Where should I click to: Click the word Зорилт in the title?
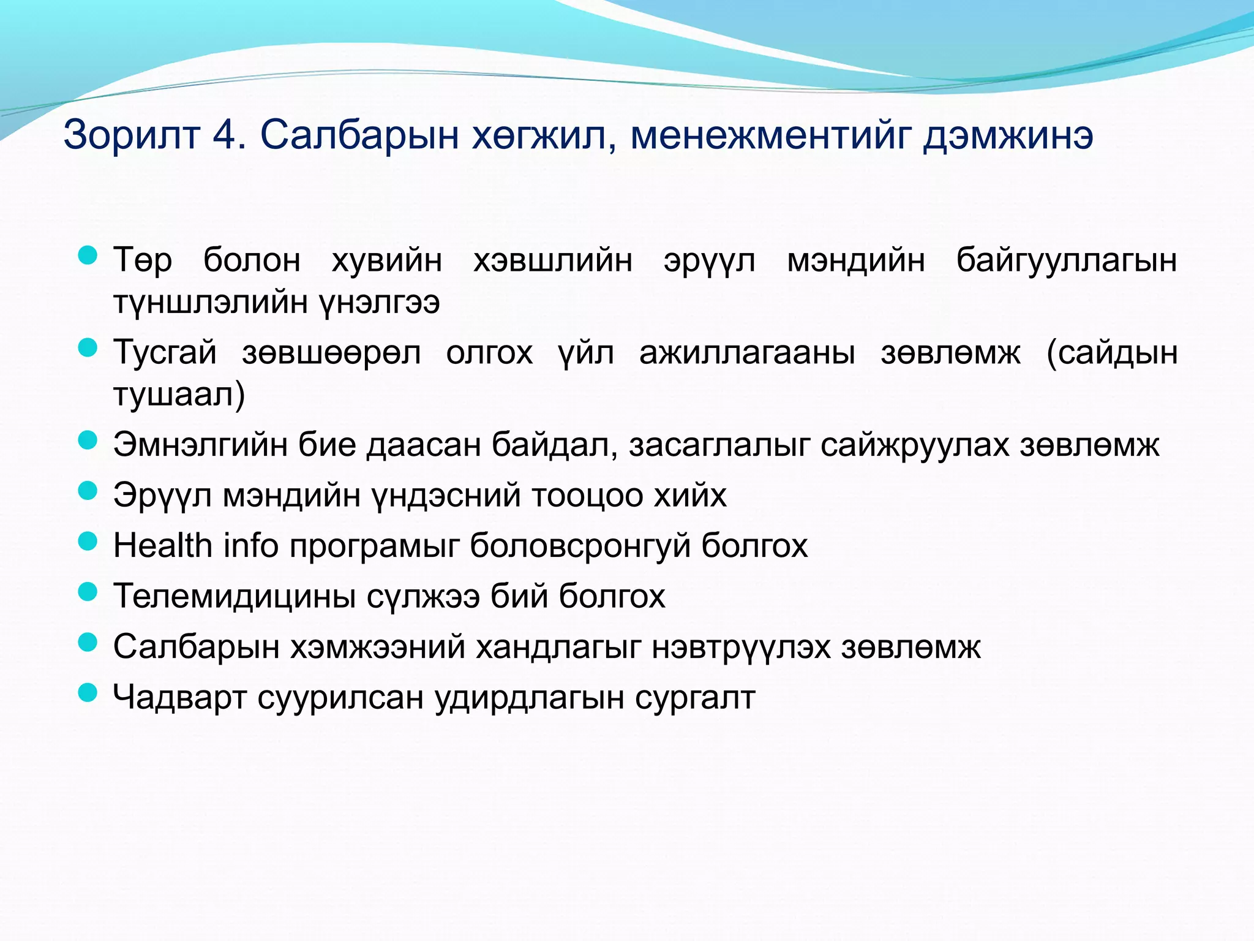pyautogui.click(x=132, y=135)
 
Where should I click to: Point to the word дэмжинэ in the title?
pyautogui.click(x=1008, y=135)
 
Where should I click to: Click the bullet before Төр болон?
pyautogui.click(x=88, y=255)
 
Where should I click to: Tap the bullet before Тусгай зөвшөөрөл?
pyautogui.click(x=88, y=348)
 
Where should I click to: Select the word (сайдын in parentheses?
pyautogui.click(x=1112, y=353)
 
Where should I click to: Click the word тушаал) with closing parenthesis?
pyautogui.click(x=179, y=395)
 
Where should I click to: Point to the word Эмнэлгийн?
pyautogui.click(x=200, y=445)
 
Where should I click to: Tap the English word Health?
pyautogui.click(x=162, y=545)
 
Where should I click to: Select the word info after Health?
pyautogui.click(x=251, y=545)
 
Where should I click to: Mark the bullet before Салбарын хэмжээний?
pyautogui.click(x=88, y=641)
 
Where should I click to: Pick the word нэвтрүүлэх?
pyautogui.click(x=741, y=647)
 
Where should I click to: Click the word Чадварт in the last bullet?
pyautogui.click(x=179, y=697)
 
